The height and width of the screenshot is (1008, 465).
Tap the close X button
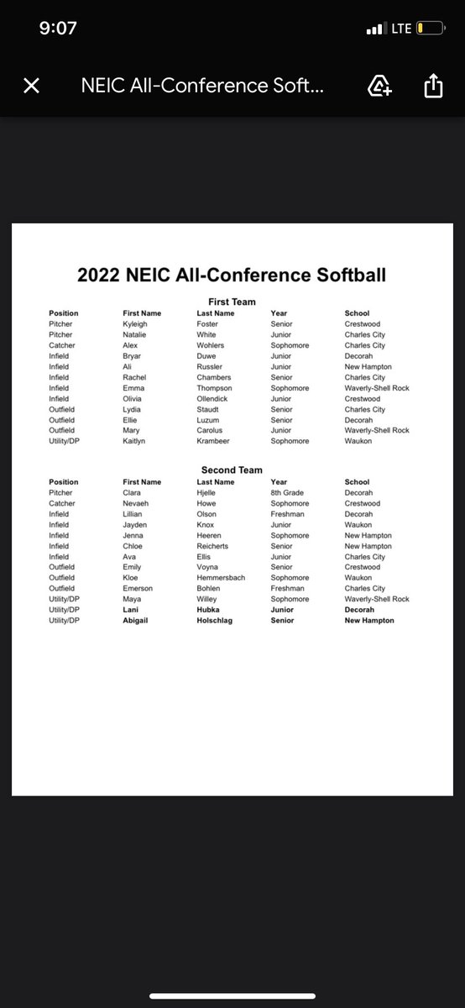coord(32,86)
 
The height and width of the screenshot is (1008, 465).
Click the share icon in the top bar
coord(433,86)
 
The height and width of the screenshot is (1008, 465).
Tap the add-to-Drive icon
coord(379,86)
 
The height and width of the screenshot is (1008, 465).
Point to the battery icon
coord(429,29)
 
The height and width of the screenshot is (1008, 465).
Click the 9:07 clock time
coord(58,28)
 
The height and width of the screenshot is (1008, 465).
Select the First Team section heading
coord(232,302)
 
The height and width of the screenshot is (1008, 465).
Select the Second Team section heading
coord(232,470)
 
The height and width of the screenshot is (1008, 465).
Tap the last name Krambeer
coord(214,441)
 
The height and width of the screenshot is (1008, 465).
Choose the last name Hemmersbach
coord(222,578)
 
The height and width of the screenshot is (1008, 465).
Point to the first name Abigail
coord(138,621)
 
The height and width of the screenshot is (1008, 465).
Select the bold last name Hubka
coord(209,610)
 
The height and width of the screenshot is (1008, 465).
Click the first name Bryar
coord(133,355)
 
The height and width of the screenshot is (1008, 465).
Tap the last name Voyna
coord(207,567)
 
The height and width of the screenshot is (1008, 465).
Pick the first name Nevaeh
coord(136,503)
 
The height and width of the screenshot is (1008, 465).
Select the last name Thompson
coord(216,388)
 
